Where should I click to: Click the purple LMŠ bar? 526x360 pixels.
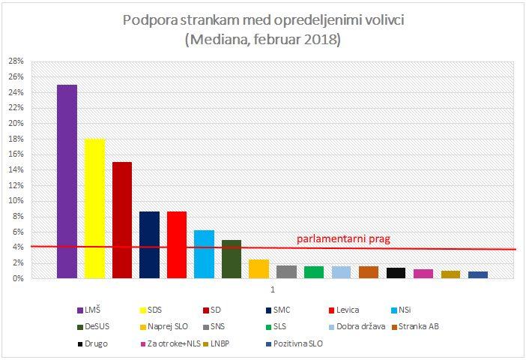point(67,181)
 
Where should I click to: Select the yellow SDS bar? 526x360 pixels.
point(94,208)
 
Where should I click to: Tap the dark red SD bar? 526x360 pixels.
point(122,220)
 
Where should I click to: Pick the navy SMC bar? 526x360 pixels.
point(150,244)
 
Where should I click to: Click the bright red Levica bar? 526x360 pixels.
point(177,244)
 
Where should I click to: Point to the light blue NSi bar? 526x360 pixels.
point(205,254)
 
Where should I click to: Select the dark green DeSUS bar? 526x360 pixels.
point(232,259)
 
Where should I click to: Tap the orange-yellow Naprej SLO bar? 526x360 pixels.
point(259,269)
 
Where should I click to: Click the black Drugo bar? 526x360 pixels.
point(396,273)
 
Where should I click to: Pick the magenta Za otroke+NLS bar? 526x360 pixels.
point(423,274)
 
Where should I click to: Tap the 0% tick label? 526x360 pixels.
point(19,278)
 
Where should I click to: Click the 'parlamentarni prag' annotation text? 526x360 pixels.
point(343,239)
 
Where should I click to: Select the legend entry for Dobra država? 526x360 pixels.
point(357,326)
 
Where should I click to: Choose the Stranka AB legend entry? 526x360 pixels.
point(416,326)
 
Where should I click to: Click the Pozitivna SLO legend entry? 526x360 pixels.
point(294,343)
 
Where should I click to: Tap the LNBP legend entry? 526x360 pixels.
point(216,343)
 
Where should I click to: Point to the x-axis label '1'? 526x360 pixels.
point(273,289)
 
